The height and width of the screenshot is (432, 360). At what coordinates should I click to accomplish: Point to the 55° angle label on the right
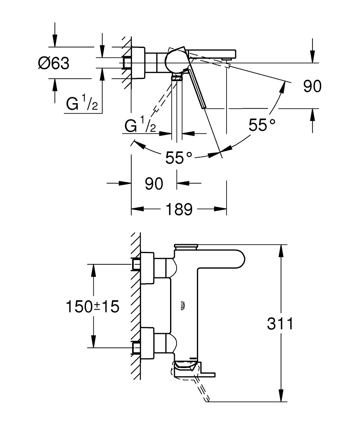click(x=262, y=125)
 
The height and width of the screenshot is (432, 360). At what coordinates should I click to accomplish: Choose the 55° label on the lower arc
click(x=179, y=158)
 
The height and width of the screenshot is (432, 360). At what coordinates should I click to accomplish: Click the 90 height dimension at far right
click(x=312, y=86)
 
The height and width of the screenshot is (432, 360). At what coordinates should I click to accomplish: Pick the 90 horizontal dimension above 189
click(x=154, y=184)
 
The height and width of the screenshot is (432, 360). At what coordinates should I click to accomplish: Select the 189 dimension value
click(x=179, y=210)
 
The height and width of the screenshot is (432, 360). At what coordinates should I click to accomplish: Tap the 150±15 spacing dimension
click(x=92, y=307)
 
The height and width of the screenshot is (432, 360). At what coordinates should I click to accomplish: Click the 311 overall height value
click(x=280, y=324)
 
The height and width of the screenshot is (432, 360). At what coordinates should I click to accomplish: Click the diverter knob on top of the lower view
click(x=185, y=247)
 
